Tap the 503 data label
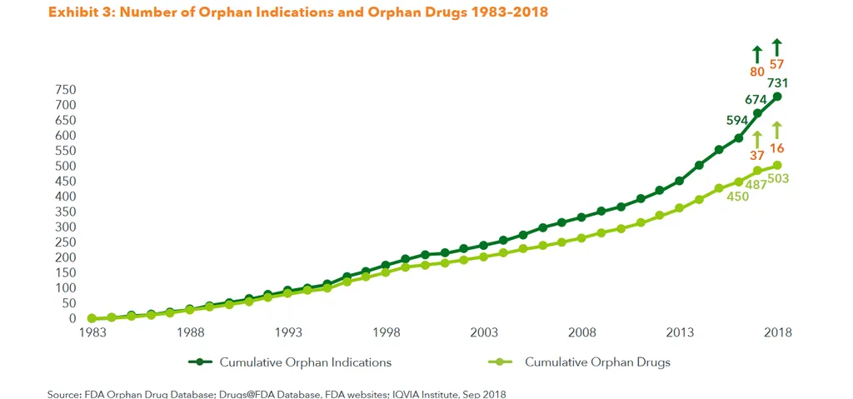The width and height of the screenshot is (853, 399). (779, 178)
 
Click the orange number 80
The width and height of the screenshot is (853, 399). (757, 72)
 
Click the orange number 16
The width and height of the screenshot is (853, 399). (777, 148)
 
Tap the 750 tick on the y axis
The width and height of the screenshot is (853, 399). (65, 90)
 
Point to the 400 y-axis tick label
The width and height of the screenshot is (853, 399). (65, 197)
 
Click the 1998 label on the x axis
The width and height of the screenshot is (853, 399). (386, 333)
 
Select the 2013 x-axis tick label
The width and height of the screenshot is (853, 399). (679, 333)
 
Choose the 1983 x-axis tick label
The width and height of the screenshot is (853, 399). (92, 333)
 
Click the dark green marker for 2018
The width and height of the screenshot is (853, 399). (777, 97)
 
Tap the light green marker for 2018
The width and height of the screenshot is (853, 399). (777, 165)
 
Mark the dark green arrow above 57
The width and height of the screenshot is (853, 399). (777, 47)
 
